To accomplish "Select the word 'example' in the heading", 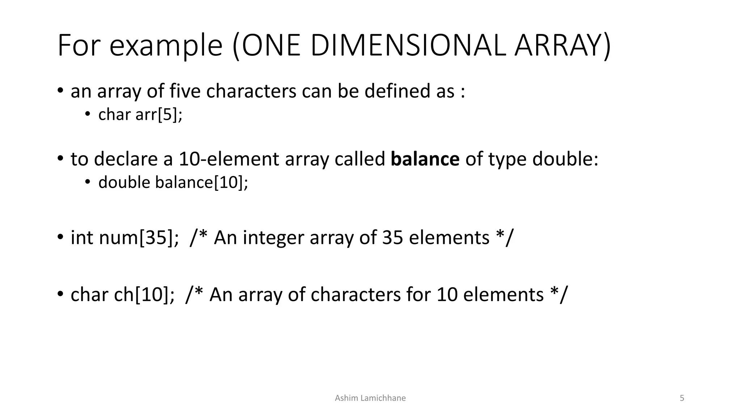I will [x=166, y=46].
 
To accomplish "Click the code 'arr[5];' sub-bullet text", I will [x=159, y=115].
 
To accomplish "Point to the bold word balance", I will [x=425, y=159].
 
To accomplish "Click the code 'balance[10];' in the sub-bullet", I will [x=202, y=182].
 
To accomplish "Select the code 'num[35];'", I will [x=139, y=238].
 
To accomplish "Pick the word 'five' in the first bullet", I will [x=185, y=91].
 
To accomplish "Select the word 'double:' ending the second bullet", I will [x=565, y=159].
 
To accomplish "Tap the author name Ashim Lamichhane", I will [x=370, y=398].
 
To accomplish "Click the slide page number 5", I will [x=682, y=398].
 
